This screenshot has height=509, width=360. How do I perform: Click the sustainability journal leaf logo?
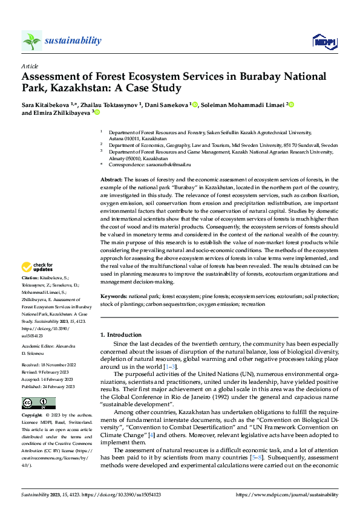pyautogui.click(x=31, y=41)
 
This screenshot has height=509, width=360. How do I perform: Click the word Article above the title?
pyautogui.click(x=30, y=66)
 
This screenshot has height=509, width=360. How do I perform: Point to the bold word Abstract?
pyautogui.click(x=111, y=180)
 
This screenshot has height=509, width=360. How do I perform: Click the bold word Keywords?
pyautogui.click(x=113, y=297)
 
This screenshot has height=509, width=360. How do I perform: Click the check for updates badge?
pyautogui.click(x=38, y=267)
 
